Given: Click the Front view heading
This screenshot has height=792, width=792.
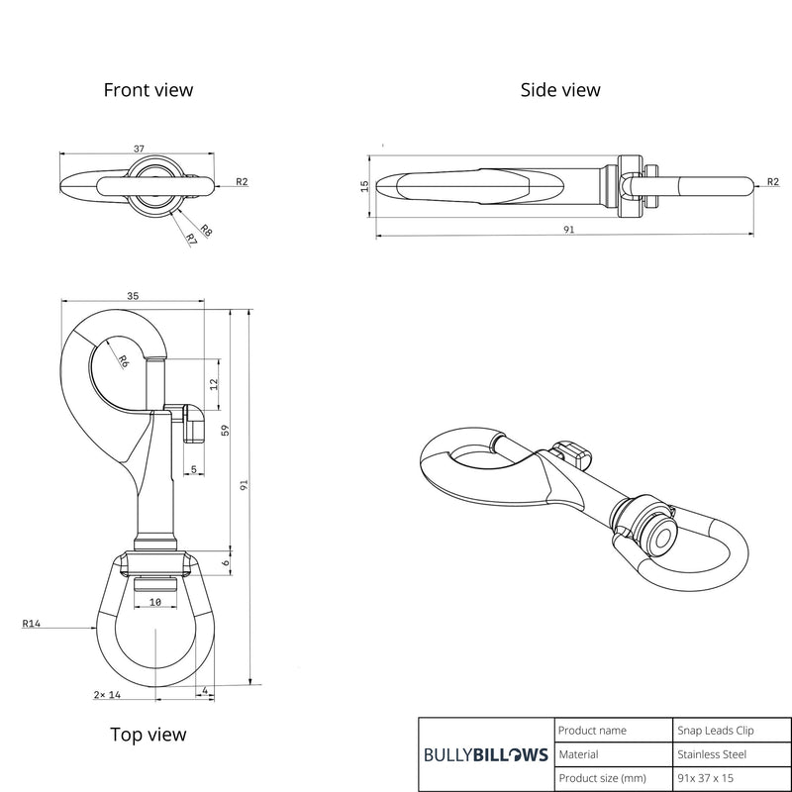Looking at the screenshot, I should pyautogui.click(x=148, y=90).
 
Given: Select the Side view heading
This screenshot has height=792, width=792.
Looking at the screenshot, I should pyautogui.click(x=560, y=90).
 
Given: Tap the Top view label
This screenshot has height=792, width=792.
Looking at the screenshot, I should pyautogui.click(x=148, y=735).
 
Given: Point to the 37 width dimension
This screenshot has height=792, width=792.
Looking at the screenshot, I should pyautogui.click(x=139, y=148).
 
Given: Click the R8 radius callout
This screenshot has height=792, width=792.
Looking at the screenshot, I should pyautogui.click(x=206, y=231).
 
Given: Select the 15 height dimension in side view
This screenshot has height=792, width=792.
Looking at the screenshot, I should pyautogui.click(x=365, y=184).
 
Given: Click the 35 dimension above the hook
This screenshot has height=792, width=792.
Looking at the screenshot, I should pyautogui.click(x=133, y=295).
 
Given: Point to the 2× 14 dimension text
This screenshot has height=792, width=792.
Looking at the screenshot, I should pyautogui.click(x=107, y=696).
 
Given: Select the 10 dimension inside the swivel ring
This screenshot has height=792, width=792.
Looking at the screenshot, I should pyautogui.click(x=155, y=601).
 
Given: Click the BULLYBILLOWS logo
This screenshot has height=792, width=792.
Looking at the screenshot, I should pyautogui.click(x=485, y=754).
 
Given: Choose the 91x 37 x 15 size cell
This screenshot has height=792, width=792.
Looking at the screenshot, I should pyautogui.click(x=709, y=779).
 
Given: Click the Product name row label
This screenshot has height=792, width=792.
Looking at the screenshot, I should pyautogui.click(x=592, y=731).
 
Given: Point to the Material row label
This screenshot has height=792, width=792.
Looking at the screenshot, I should pyautogui.click(x=578, y=754).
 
